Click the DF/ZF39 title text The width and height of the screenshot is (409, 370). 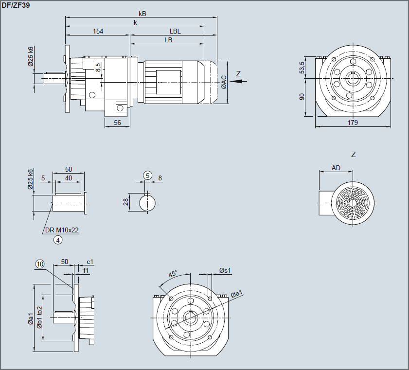click(17, 5)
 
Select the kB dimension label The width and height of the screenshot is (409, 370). click(142, 14)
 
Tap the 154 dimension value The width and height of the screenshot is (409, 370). click(98, 31)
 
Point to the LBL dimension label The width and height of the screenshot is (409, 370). click(175, 31)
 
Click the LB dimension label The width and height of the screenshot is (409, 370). click(168, 40)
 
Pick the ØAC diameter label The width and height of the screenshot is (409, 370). click(223, 82)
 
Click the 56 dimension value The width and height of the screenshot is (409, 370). click(117, 123)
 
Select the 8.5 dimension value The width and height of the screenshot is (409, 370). click(99, 67)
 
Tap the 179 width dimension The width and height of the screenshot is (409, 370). click(353, 123)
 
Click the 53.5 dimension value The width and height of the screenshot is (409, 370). click(302, 68)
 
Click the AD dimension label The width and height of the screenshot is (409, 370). click(336, 168)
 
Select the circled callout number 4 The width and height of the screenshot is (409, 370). click(58, 239)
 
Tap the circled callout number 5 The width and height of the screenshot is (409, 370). click(148, 175)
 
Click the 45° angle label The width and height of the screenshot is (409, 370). click(173, 274)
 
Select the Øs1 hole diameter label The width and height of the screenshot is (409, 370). click(225, 270)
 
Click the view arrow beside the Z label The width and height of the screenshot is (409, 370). click(237, 82)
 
